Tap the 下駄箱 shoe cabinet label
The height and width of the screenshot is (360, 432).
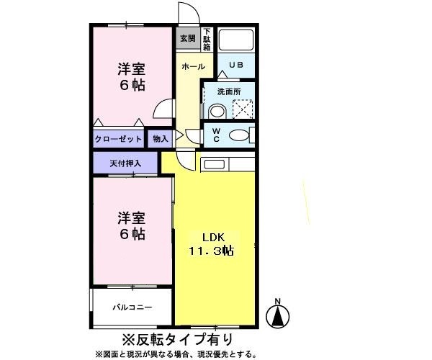[x=207, y=40]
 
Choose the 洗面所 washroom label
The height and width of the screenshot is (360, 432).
[x=229, y=91]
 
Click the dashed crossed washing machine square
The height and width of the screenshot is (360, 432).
[x=243, y=108]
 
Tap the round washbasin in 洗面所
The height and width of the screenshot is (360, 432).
[x=217, y=112]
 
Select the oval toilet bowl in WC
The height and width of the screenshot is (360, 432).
[x=238, y=135]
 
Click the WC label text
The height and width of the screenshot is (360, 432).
[x=215, y=135]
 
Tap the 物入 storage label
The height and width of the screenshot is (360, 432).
[x=160, y=138]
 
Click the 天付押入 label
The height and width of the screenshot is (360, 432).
[x=125, y=163]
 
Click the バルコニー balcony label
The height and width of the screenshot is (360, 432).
[x=132, y=307]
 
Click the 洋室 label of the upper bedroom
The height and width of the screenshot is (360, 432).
[x=132, y=70]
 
